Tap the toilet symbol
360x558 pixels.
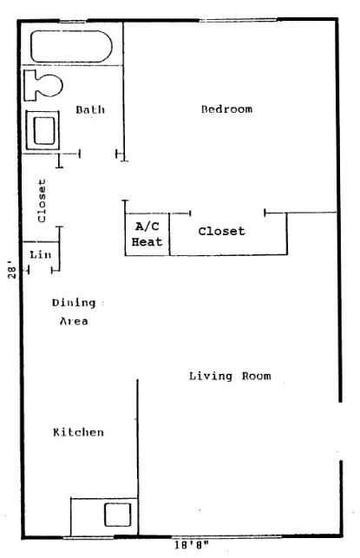tap(44, 85)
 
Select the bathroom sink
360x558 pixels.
tap(43, 129)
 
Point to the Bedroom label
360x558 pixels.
tap(226, 109)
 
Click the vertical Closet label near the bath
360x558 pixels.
tap(41, 200)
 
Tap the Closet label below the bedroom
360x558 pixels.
tap(221, 232)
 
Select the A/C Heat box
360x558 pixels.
tap(147, 234)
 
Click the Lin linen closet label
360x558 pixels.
tap(40, 254)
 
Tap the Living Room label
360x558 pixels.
tap(230, 376)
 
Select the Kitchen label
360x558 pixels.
tap(78, 432)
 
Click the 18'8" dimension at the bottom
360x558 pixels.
tap(190, 546)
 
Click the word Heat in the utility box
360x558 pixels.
tap(147, 242)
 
